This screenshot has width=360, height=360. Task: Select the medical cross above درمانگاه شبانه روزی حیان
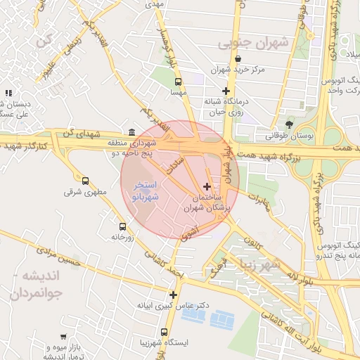[x=225, y=91]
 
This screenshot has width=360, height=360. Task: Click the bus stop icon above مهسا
[x=178, y=81]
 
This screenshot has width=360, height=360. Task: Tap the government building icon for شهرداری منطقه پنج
[x=132, y=131]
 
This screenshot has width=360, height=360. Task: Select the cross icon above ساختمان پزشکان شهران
[x=206, y=186]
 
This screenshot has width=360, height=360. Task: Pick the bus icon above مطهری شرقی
[x=86, y=181]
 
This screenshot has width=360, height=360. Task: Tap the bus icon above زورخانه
[x=123, y=226]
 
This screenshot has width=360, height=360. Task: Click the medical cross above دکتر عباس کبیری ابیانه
[x=173, y=295]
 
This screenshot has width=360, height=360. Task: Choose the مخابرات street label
[x=260, y=200]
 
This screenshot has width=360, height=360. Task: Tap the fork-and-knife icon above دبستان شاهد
[x=8, y=93]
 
